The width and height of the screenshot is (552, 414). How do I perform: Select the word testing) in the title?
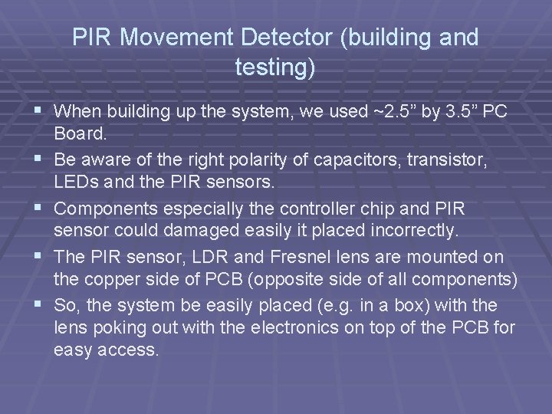[274, 69]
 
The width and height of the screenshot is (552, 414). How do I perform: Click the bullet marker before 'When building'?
[38, 111]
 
